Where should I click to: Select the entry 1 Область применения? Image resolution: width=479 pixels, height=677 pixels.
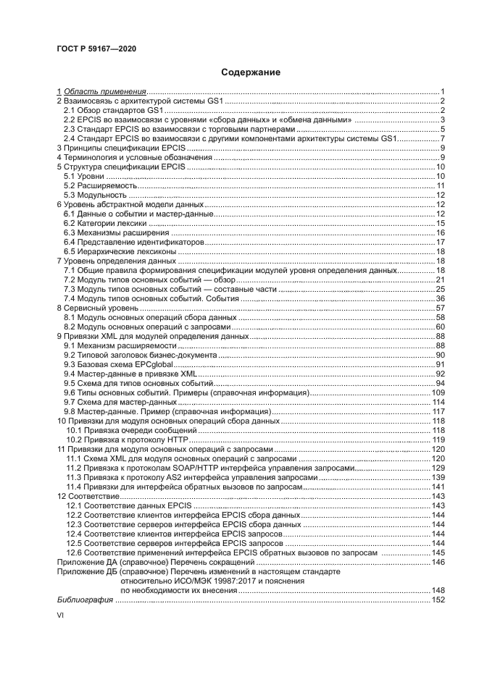102,91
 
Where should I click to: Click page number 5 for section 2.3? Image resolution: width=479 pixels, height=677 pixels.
441,129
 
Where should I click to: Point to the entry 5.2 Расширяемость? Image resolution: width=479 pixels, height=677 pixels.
99,186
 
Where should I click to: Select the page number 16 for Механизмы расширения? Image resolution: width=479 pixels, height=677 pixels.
439,233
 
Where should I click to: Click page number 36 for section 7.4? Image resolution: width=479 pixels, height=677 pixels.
439,299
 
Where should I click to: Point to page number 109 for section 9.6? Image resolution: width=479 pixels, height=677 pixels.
438,392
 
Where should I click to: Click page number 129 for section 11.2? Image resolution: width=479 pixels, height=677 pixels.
438,468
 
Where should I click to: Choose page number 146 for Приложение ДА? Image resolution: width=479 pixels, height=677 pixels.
438,562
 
